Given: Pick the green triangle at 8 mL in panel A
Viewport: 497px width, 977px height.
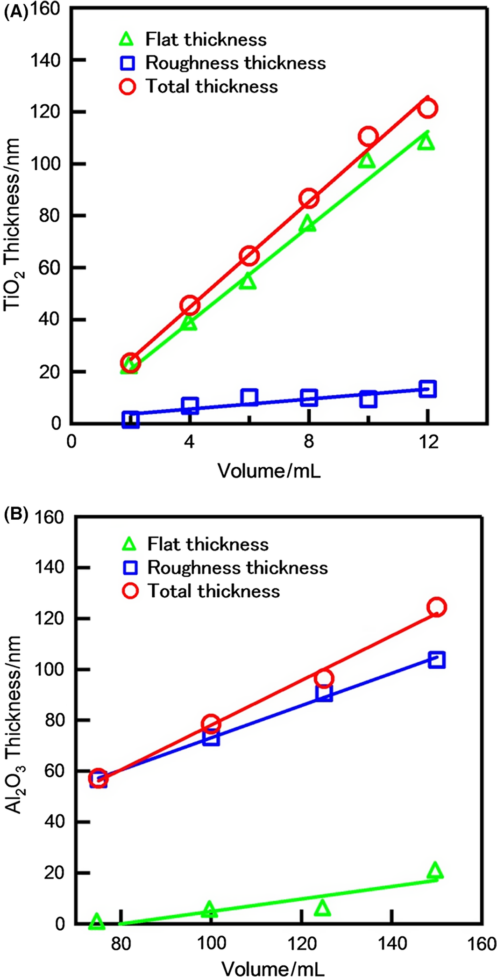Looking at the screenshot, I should pos(308,224).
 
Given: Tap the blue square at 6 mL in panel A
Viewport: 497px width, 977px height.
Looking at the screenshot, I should pos(249,397).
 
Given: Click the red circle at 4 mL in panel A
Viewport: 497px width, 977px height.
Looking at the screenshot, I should pos(190,305).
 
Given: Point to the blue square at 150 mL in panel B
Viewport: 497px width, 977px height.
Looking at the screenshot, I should pos(436,660).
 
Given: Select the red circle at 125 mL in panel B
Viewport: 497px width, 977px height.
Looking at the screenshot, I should pos(324,678).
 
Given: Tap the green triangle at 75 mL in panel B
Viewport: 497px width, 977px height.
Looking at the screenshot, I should pos(97,920).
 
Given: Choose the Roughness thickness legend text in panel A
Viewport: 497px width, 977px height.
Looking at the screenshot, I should pos(235,63).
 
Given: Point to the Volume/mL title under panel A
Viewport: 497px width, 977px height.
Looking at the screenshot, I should pos(269,470).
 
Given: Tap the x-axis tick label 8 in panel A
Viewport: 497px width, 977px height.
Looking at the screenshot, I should pos(309,441).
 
